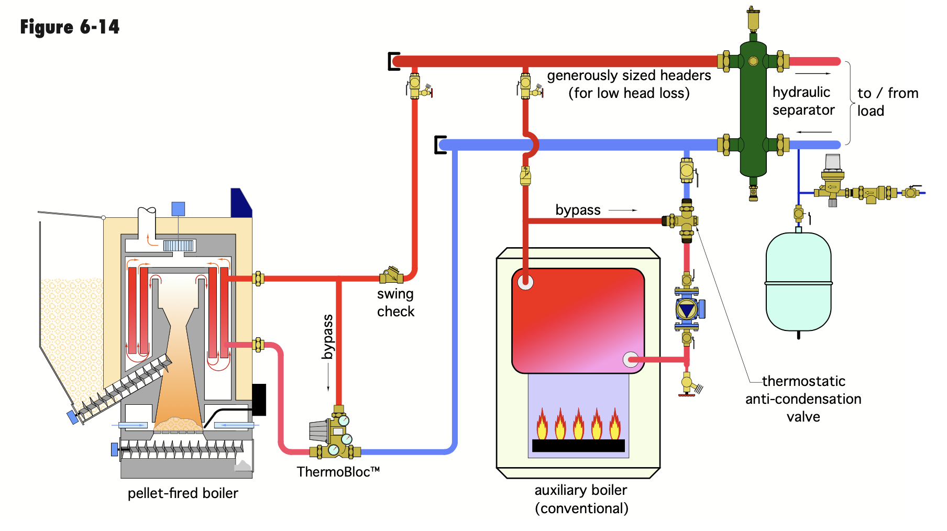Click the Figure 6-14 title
click(70, 27)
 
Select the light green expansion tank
click(798, 283)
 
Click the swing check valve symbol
click(391, 275)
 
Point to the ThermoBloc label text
click(338, 472)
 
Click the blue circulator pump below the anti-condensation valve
click(687, 309)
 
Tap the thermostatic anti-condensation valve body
click(686, 220)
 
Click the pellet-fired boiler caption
click(183, 493)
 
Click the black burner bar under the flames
click(578, 446)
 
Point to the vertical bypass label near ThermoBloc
click(328, 337)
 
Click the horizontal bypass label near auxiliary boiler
click(578, 210)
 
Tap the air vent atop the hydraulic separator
click(753, 20)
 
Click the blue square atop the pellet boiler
click(179, 209)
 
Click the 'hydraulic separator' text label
click(803, 101)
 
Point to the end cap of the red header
click(393, 61)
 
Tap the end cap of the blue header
click(440, 145)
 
